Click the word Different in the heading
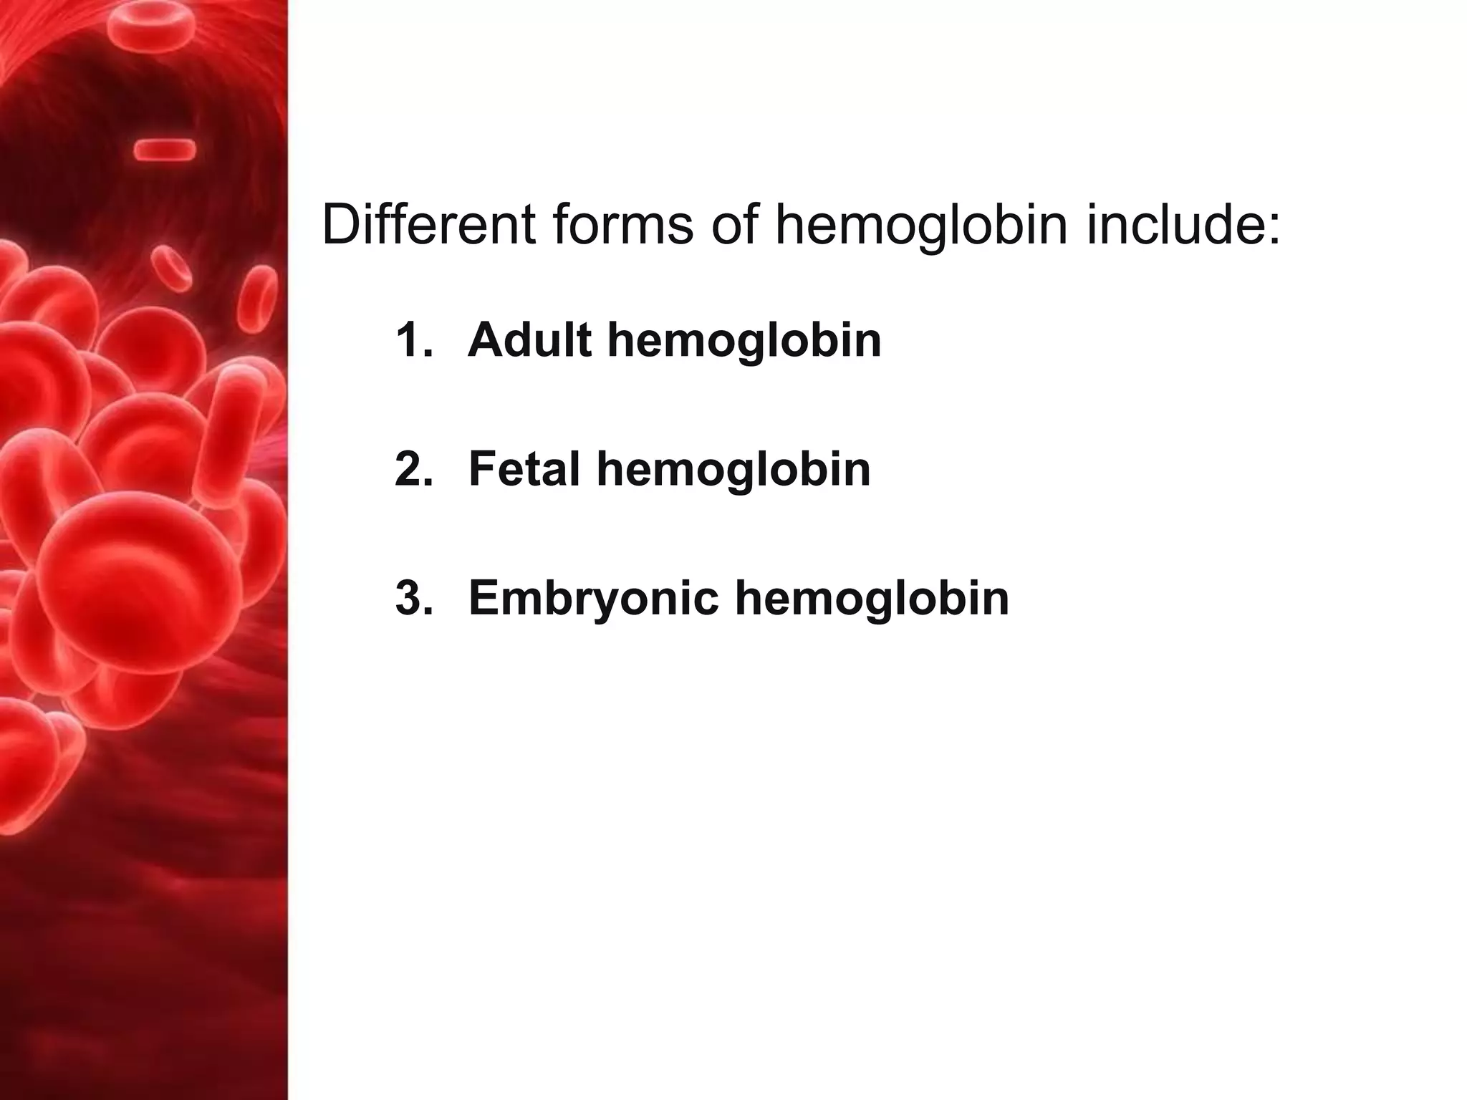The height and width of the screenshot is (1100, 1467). [x=428, y=224]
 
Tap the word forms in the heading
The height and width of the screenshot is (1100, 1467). [x=622, y=224]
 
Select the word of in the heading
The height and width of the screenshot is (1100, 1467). [x=733, y=224]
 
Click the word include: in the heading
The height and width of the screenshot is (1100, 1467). [x=1183, y=224]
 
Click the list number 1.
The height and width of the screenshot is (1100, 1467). [x=414, y=339]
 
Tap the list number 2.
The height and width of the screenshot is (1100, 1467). [x=414, y=469]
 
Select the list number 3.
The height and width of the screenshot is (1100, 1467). [x=414, y=598]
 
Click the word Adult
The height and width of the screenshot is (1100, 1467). [x=529, y=339]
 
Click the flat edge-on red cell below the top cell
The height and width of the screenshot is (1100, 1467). [x=165, y=150]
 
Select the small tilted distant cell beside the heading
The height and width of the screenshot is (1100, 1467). [x=173, y=269]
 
